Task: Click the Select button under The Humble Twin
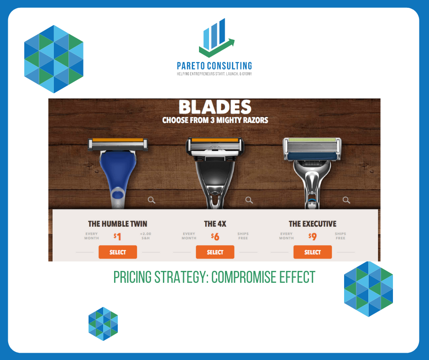coord(118,252)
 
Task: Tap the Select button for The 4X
coord(215,252)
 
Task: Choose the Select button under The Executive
coord(313,252)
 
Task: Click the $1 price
coord(117,237)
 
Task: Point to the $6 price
coord(215,237)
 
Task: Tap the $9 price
coord(313,237)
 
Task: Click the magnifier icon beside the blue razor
coord(152,200)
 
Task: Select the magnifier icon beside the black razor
coord(249,200)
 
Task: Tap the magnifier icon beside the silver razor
coord(346,200)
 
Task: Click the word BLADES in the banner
coord(215,107)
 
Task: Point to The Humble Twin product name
coord(118,224)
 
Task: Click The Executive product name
coord(313,224)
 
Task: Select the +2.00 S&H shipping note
coord(146,236)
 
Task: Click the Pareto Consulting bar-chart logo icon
coord(216,37)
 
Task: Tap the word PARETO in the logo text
coord(191,66)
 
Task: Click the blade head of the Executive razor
coord(312,149)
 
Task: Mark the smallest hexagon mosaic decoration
coord(103,324)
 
